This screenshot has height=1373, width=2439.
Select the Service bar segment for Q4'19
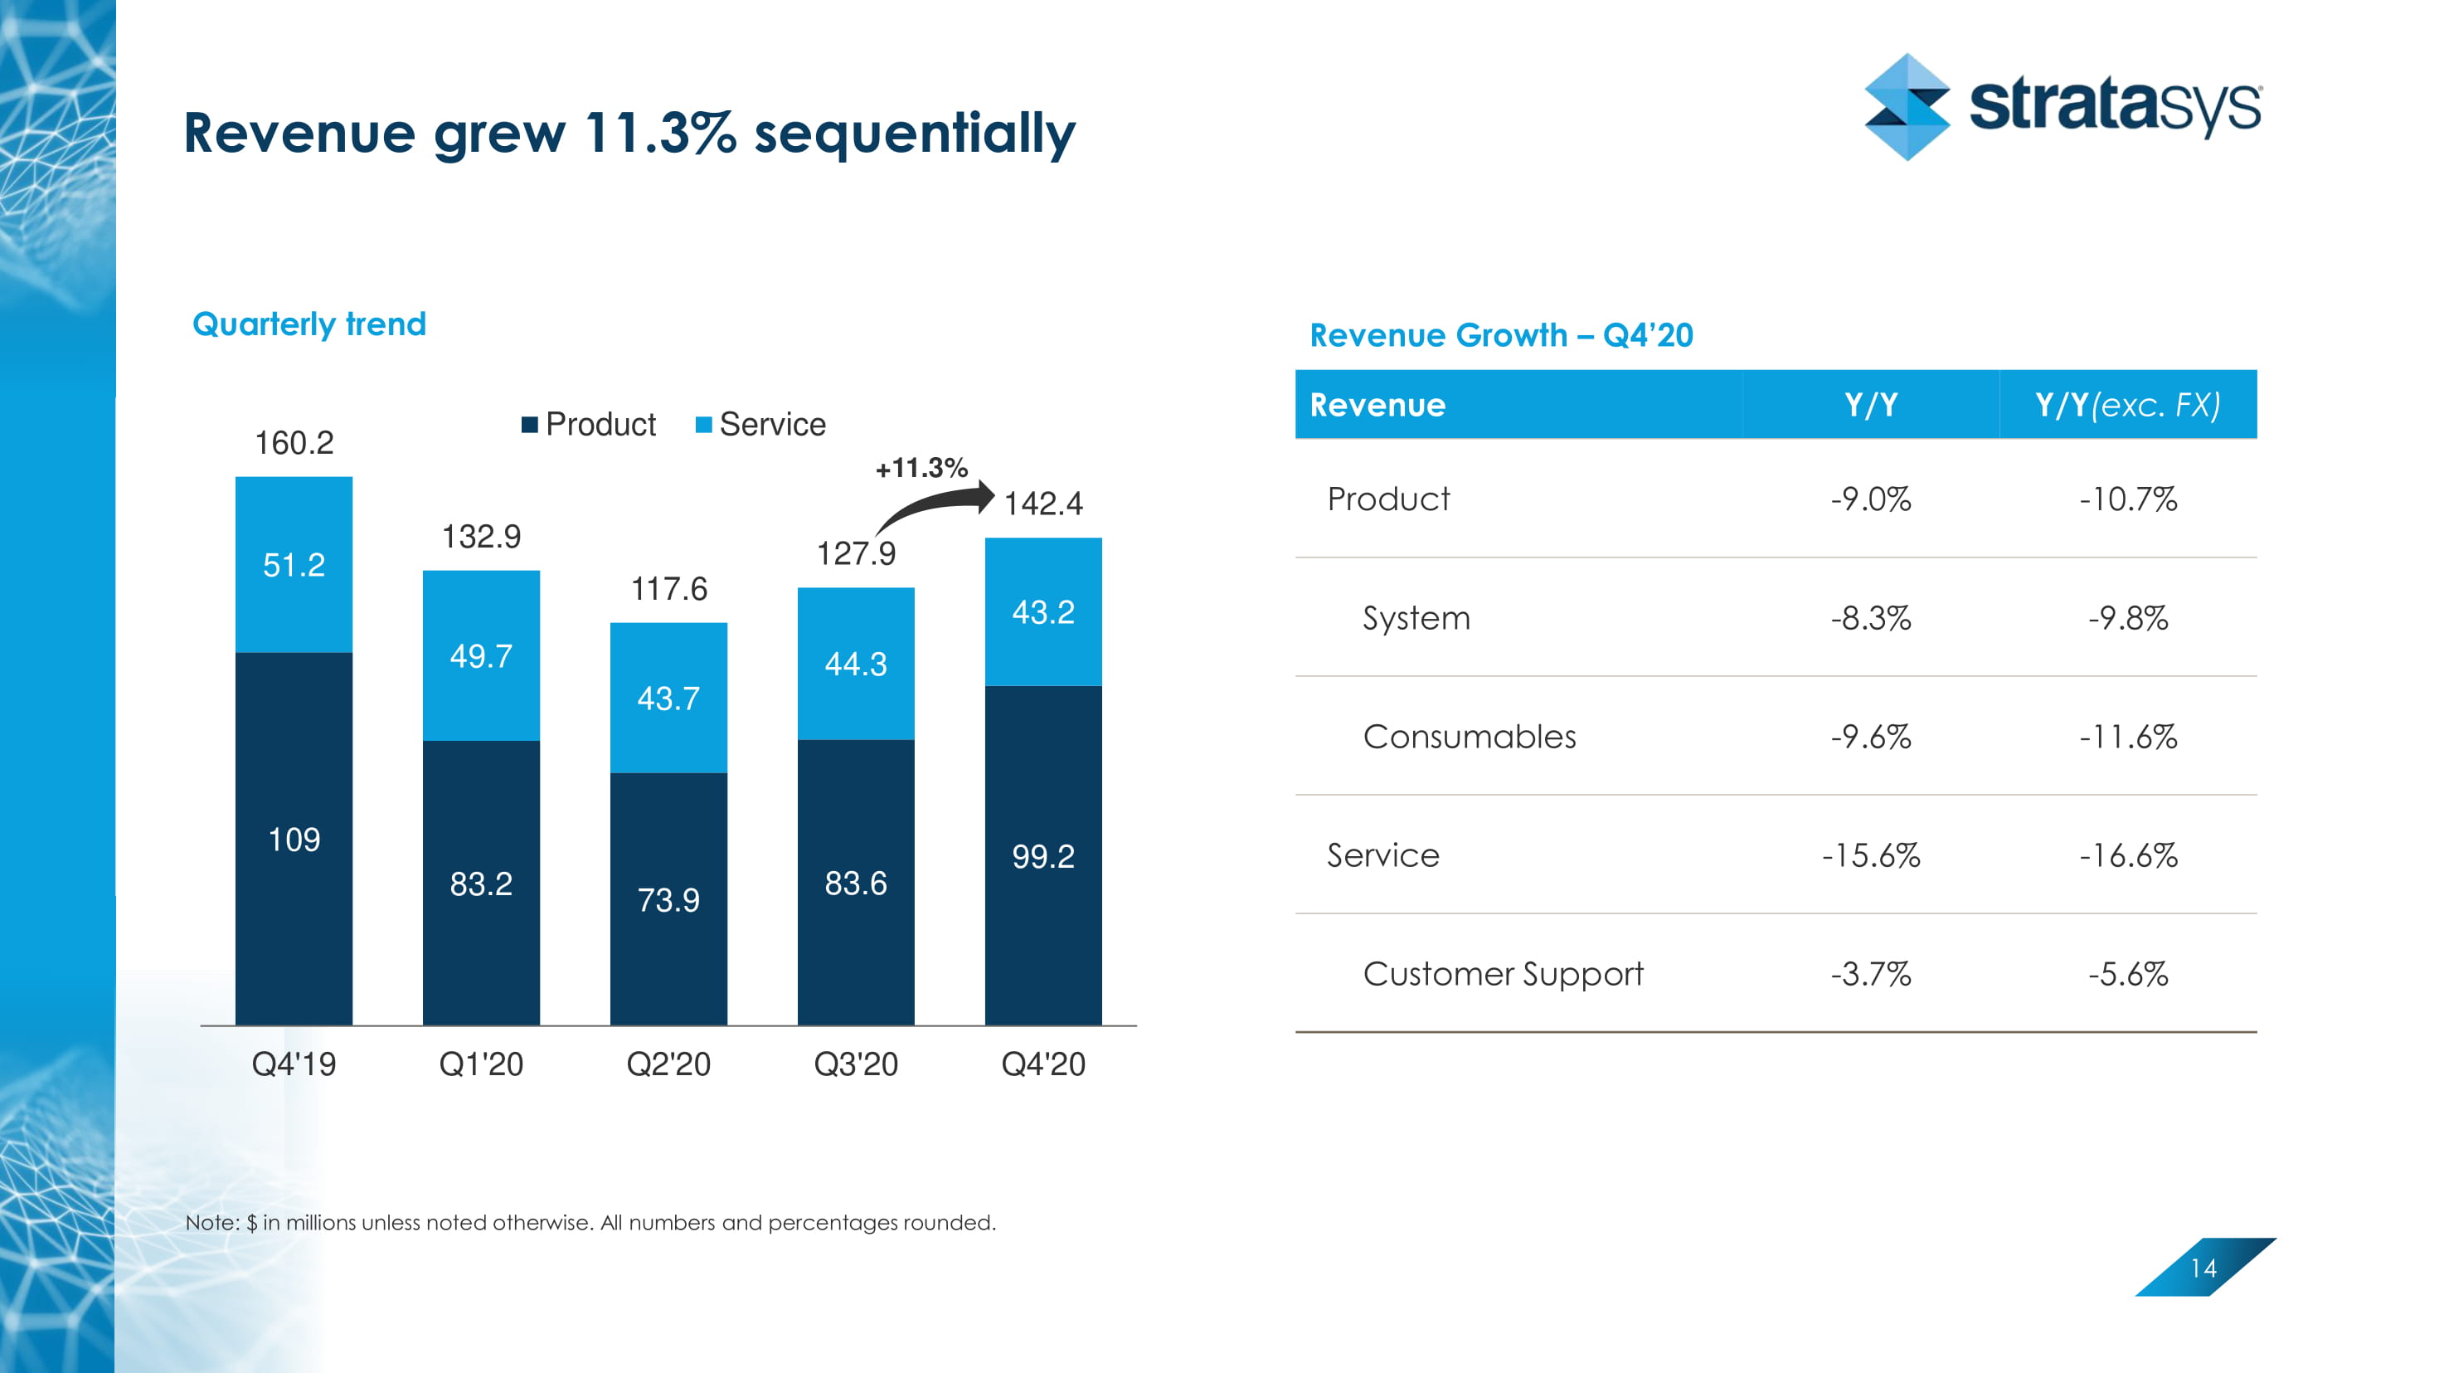[x=294, y=565]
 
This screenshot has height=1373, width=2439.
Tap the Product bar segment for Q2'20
[x=668, y=898]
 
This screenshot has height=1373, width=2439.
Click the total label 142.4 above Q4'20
[x=1042, y=503]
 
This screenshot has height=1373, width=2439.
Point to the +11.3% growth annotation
[x=921, y=468]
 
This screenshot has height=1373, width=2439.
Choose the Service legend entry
[x=760, y=424]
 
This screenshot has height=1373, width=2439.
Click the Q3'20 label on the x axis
[x=856, y=1064]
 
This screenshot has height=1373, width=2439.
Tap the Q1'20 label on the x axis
[x=481, y=1064]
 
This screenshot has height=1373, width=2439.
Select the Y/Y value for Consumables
[x=1870, y=737]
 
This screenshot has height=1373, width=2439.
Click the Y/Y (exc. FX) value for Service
[x=2127, y=856]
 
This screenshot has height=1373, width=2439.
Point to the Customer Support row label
[x=1503, y=973]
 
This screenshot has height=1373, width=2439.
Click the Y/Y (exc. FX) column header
[x=2127, y=406]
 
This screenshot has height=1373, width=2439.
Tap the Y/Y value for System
[x=1870, y=618]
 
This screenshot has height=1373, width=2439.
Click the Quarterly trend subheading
[x=309, y=324]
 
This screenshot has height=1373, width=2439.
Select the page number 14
[x=2203, y=1268]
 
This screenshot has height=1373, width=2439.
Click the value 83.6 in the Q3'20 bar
[x=856, y=884]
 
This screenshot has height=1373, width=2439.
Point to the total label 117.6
[x=668, y=589]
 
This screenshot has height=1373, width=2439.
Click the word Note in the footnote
[x=211, y=1223]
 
